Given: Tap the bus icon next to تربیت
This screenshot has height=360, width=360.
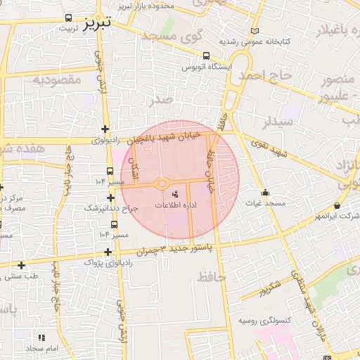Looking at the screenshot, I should pyautogui.click(x=67, y=18).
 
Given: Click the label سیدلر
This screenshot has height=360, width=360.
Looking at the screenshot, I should pyautogui.click(x=257, y=121).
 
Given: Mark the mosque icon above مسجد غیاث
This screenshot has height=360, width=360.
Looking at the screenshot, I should pyautogui.click(x=265, y=193).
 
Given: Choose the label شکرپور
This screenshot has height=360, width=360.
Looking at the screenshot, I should pyautogui.click(x=269, y=288).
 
